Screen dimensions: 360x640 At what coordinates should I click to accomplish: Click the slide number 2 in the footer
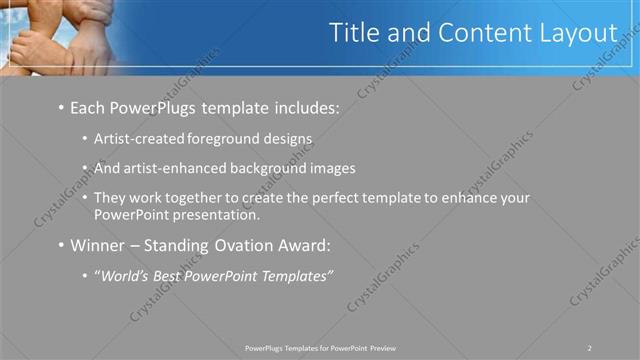pos(590,347)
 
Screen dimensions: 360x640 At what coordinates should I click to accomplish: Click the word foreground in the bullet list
pos(214,140)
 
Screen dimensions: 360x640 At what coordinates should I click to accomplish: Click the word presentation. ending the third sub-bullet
pos(222,214)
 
